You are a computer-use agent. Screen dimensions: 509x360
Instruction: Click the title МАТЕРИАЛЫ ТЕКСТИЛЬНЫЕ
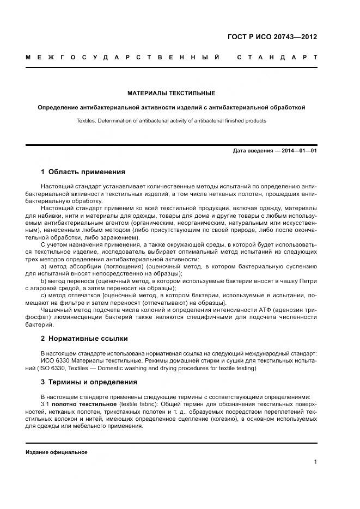171,93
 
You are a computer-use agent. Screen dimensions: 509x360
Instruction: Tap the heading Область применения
87,172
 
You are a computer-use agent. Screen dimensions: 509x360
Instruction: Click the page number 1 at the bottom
315,462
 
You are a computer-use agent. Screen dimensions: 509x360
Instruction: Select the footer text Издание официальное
57,452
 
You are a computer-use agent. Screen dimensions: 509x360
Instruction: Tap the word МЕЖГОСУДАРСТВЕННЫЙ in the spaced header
123,57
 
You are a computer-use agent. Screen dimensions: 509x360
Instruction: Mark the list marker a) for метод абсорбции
44,266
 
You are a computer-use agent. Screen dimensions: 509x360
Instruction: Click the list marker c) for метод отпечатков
44,295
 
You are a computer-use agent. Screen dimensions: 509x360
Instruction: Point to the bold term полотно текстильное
85,405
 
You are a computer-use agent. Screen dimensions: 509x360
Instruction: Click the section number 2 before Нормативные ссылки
43,338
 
